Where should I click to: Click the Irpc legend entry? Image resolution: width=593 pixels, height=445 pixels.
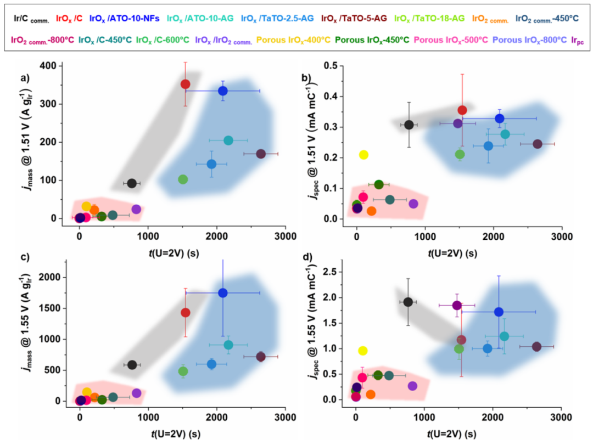click(x=578, y=40)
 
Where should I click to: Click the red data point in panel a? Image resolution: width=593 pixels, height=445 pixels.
click(x=185, y=84)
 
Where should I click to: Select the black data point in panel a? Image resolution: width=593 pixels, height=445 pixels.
click(x=132, y=183)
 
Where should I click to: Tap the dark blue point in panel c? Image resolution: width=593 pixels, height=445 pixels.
click(x=223, y=293)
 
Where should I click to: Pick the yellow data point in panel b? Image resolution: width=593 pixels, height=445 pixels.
click(x=363, y=155)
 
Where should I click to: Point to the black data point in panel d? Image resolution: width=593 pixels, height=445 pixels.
click(x=408, y=302)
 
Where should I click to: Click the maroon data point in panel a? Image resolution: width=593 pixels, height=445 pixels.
click(x=261, y=154)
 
